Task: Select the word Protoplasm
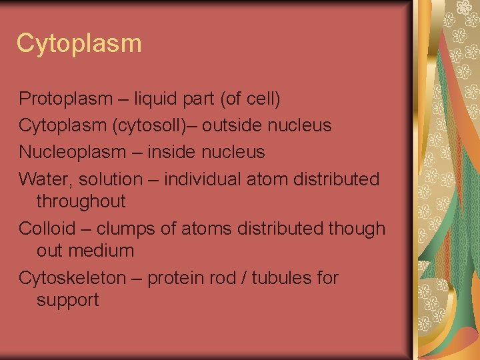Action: point(65,99)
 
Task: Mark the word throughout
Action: point(81,201)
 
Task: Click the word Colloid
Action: point(47,229)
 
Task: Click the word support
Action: point(67,301)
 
